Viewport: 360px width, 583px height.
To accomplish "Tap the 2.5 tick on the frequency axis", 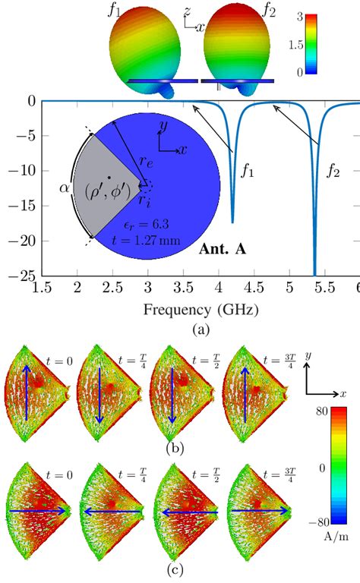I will pos(112,289).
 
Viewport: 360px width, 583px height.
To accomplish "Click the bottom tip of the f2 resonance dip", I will pos(314,275).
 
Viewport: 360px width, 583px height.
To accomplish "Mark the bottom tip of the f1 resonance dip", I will pos(232,222).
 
